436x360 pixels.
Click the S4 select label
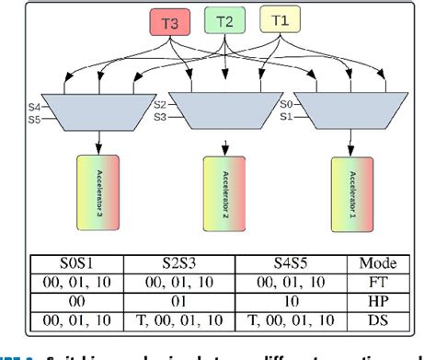(34, 108)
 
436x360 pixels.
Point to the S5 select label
(34, 119)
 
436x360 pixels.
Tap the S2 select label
(160, 106)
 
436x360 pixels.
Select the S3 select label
(160, 118)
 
